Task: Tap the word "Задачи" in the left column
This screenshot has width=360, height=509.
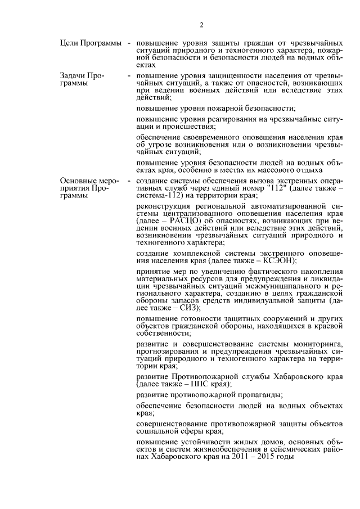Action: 73,75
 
